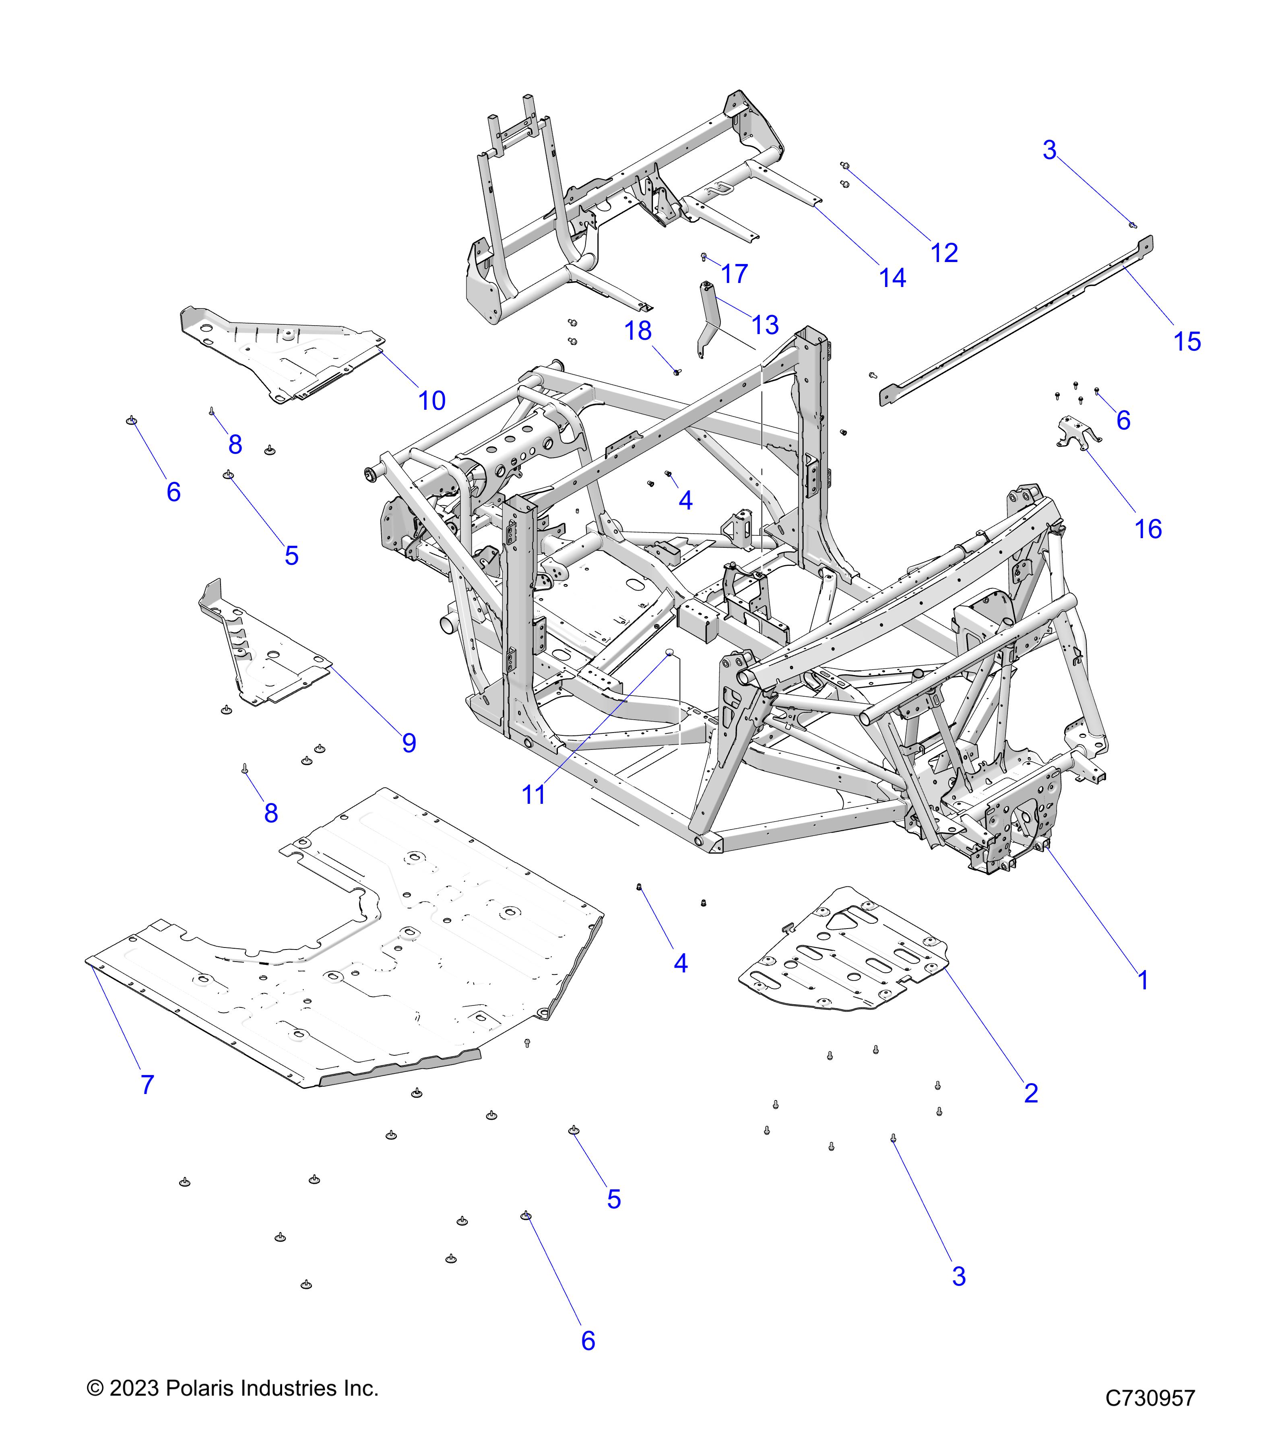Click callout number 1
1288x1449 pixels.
pyautogui.click(x=1143, y=980)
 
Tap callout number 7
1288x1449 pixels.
pyautogui.click(x=147, y=1085)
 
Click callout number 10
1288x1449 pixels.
pyautogui.click(x=432, y=401)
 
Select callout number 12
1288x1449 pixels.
pyautogui.click(x=944, y=253)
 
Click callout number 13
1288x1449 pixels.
pyautogui.click(x=765, y=325)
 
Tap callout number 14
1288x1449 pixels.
pyautogui.click(x=892, y=279)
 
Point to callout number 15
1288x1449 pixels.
pyautogui.click(x=1187, y=342)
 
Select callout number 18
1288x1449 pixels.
pyautogui.click(x=638, y=331)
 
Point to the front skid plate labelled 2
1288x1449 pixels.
pyautogui.click(x=844, y=950)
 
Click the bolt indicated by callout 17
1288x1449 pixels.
pyautogui.click(x=704, y=257)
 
